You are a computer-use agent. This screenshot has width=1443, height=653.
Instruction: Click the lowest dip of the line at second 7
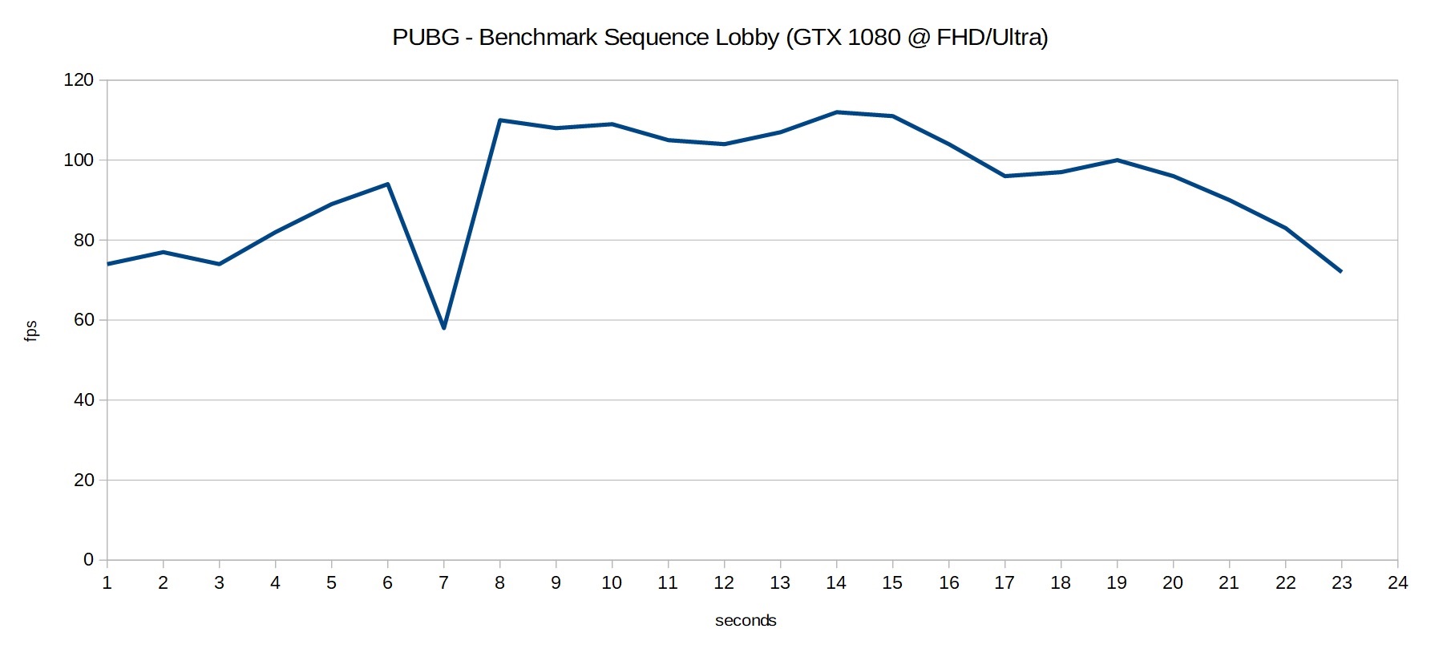click(x=443, y=327)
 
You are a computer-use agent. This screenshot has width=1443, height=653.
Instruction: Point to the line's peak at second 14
click(x=836, y=112)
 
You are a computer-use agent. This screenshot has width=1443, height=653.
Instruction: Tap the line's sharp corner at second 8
click(x=499, y=120)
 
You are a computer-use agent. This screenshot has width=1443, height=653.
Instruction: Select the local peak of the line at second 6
click(x=387, y=185)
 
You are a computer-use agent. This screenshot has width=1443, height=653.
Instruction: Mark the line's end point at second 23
click(x=1340, y=271)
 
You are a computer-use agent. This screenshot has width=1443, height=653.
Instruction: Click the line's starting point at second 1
click(x=107, y=264)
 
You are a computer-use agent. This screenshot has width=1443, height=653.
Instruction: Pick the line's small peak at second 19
click(x=1117, y=160)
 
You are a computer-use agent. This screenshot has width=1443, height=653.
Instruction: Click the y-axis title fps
click(x=30, y=331)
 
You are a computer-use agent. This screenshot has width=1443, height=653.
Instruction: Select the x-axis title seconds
click(x=746, y=620)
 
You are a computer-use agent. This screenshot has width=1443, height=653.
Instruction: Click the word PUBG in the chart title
click(x=426, y=38)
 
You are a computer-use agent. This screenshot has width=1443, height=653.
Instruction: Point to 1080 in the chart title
click(x=874, y=38)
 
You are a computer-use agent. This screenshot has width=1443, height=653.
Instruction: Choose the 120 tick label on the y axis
click(x=79, y=80)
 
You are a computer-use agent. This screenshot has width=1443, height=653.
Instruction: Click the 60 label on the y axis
click(x=83, y=320)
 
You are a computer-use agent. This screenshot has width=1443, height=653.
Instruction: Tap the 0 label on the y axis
click(x=88, y=560)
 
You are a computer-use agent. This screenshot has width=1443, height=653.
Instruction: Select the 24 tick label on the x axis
click(x=1397, y=583)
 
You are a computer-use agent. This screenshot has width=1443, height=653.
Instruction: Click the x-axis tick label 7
click(x=443, y=583)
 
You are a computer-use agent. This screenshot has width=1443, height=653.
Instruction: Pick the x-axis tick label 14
click(x=836, y=583)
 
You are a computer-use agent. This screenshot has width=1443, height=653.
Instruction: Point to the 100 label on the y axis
click(x=79, y=160)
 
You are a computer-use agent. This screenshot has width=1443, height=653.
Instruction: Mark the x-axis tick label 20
click(x=1173, y=583)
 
